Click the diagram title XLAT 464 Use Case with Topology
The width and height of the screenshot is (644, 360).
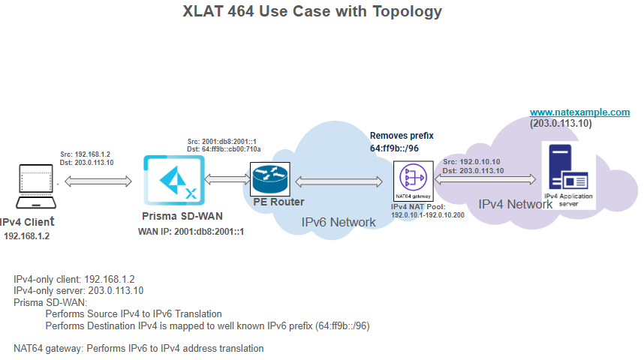(x=312, y=12)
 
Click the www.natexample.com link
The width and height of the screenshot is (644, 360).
(x=579, y=112)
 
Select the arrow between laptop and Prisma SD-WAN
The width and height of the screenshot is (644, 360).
(x=98, y=181)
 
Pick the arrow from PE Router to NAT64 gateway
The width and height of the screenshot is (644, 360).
(x=339, y=181)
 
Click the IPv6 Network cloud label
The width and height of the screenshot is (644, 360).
(x=339, y=222)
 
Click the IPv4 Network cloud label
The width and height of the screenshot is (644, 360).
(x=506, y=204)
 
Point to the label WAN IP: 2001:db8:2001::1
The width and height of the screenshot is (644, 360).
(x=191, y=232)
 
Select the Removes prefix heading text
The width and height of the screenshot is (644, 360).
(x=402, y=136)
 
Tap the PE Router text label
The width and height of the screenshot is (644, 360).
(x=279, y=202)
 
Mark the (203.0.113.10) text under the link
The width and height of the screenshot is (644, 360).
(x=560, y=123)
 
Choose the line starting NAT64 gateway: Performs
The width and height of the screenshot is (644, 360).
(x=139, y=348)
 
